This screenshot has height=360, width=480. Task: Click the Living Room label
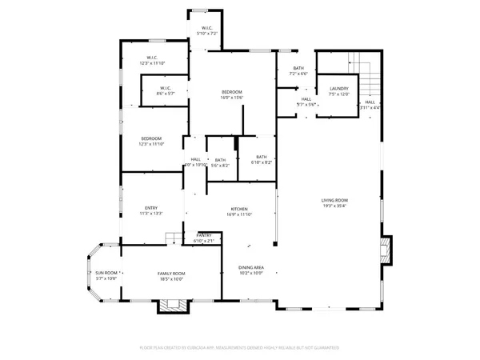pos(334,201)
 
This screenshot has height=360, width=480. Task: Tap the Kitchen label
pos(239,209)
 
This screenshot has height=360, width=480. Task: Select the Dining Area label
pos(251,267)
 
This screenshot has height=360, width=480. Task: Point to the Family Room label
pos(170,274)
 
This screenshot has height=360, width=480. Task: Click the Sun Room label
pos(106,274)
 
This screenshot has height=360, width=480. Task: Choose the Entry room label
pos(151,209)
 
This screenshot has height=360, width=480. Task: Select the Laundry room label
pos(338,89)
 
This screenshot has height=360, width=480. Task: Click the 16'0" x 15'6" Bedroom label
pos(232,93)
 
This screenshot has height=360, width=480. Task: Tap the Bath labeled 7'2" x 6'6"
pos(298,69)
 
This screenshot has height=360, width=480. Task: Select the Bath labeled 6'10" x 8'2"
pos(262,157)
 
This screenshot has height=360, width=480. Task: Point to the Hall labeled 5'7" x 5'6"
pos(306,99)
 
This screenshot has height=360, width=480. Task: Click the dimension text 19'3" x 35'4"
pos(334,206)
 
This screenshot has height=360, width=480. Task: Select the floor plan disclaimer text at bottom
pos(239,348)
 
